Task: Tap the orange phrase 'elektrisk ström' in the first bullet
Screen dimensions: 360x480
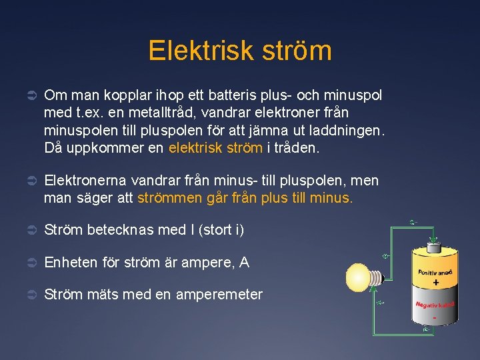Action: coord(215,148)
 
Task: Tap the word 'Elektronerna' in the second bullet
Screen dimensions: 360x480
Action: coord(85,181)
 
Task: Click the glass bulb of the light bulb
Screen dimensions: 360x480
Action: coord(358,277)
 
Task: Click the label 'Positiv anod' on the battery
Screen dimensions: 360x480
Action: coord(436,272)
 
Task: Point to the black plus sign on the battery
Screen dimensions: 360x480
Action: coord(436,283)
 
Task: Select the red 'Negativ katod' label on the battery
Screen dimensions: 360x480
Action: coord(435,304)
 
